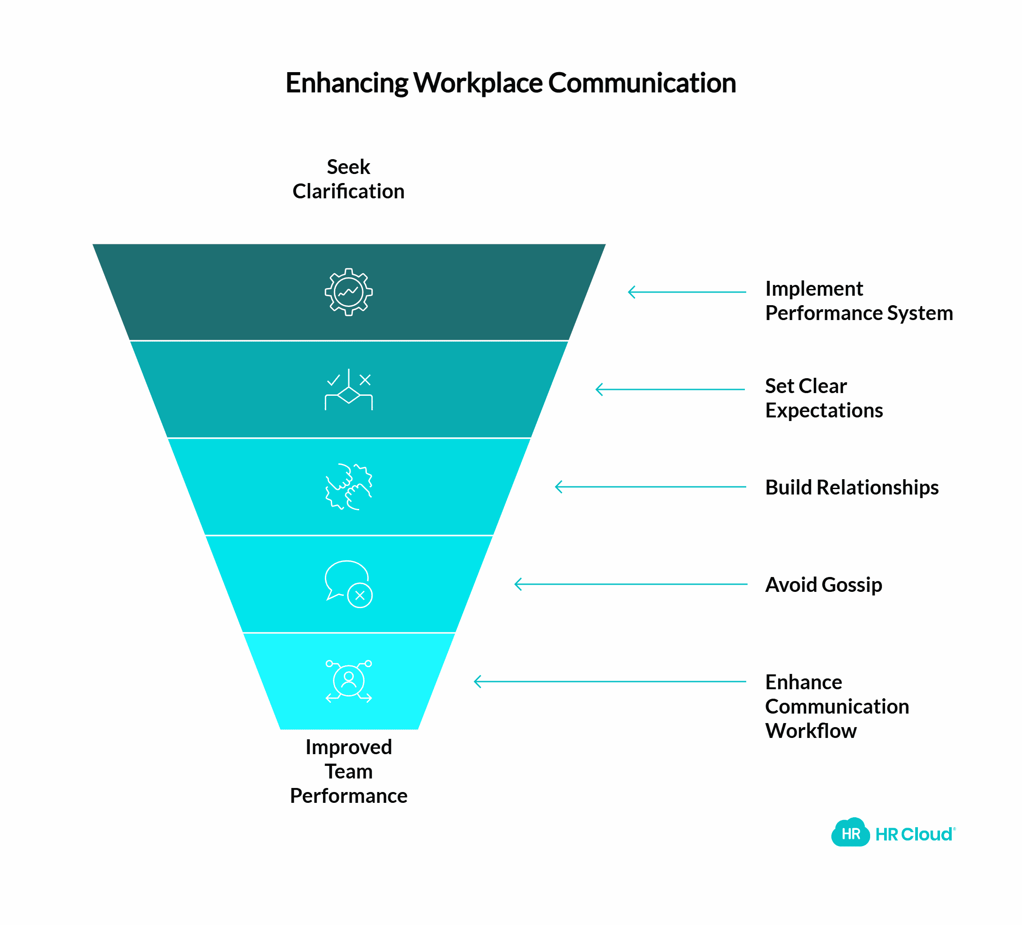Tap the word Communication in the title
[x=642, y=83]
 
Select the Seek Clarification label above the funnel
[x=348, y=179]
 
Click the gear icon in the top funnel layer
[x=349, y=292]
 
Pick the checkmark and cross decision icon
[x=349, y=390]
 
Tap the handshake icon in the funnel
[x=349, y=487]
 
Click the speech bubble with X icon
[x=349, y=584]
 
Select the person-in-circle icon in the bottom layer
[x=349, y=681]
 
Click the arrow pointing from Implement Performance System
[x=687, y=292]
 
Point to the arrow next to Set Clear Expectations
[x=670, y=389]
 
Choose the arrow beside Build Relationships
[x=650, y=487]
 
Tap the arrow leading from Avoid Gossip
[x=631, y=584]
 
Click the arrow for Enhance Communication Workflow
[x=610, y=682]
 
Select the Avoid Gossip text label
[x=823, y=585]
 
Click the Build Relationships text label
[x=852, y=487]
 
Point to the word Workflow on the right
[x=811, y=731]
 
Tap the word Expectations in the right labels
[x=824, y=410]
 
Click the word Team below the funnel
[x=349, y=771]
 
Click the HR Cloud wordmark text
[x=914, y=834]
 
